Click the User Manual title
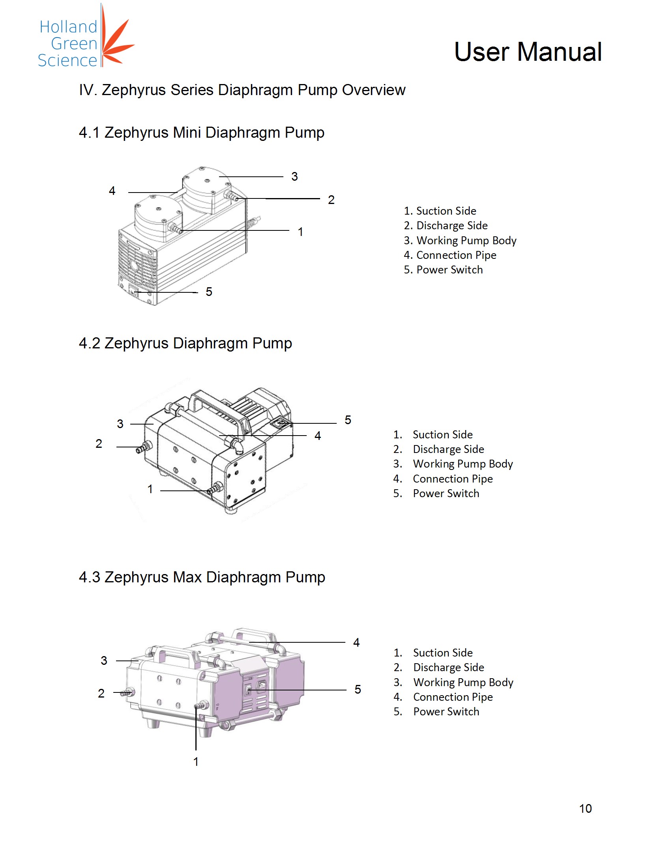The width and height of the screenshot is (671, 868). coord(527,52)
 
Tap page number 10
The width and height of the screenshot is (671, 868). coord(585,808)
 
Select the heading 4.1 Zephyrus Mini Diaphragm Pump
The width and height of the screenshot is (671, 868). coord(202,132)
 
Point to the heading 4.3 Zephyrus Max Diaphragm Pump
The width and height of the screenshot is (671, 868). coord(202,577)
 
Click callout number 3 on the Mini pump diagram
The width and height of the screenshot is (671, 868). coord(294,176)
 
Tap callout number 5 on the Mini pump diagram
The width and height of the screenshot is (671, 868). coord(209,292)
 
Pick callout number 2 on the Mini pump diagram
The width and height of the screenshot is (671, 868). coord(331,200)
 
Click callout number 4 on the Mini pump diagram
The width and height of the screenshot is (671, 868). coord(112,191)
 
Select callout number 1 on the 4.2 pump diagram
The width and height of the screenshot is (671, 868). coord(150,489)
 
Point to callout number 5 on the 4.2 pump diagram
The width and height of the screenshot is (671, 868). coord(348,420)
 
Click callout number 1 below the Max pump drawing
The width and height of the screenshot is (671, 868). coord(196,761)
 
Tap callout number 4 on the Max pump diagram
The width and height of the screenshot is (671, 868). coord(356,643)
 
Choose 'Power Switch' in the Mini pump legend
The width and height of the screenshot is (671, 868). coord(449,270)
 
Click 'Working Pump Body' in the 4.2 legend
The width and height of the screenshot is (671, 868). coord(463,464)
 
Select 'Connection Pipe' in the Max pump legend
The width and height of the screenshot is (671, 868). coord(453,697)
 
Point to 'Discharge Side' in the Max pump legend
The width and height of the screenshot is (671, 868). coord(448,668)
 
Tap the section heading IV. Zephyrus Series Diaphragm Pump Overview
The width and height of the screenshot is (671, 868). coord(242,90)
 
